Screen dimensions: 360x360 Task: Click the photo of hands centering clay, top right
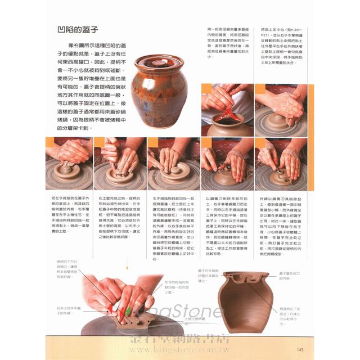tap(279, 109)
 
